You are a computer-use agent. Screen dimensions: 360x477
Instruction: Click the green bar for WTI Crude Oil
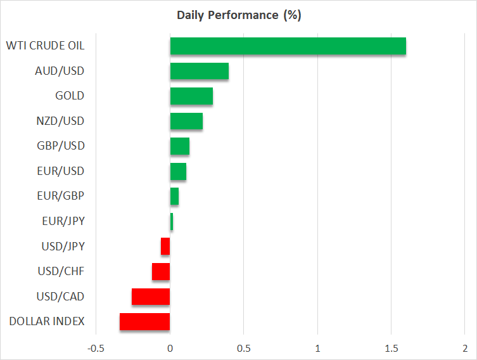tap(288, 46)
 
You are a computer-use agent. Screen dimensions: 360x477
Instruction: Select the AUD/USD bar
tap(199, 71)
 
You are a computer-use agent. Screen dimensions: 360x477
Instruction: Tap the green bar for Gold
tap(191, 96)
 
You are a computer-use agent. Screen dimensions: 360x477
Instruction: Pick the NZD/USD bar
tap(186, 121)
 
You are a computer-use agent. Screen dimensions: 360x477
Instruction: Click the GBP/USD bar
tap(179, 146)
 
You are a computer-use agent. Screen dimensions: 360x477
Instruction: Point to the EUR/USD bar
tap(178, 171)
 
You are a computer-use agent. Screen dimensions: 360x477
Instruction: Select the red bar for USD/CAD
tap(151, 297)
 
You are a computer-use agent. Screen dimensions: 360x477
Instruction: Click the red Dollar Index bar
tap(144, 321)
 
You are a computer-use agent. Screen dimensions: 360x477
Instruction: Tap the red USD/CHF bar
tap(161, 271)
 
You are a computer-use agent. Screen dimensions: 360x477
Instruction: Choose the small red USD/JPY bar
tap(165, 247)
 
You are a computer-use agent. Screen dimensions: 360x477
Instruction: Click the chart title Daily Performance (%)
tap(238, 15)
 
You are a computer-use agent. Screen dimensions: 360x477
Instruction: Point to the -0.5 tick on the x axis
tap(96, 349)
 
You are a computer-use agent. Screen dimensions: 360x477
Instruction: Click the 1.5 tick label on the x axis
tap(391, 349)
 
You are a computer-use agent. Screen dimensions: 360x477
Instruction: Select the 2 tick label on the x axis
tap(465, 349)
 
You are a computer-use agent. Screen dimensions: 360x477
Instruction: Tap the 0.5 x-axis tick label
tap(243, 349)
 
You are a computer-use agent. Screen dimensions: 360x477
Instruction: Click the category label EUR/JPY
tap(61, 221)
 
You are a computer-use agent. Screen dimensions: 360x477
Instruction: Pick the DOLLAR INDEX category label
tap(47, 321)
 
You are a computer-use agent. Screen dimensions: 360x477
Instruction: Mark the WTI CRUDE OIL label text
tap(45, 46)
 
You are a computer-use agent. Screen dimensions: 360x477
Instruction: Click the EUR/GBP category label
tap(61, 196)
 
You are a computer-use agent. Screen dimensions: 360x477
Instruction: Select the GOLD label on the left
tap(70, 96)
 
